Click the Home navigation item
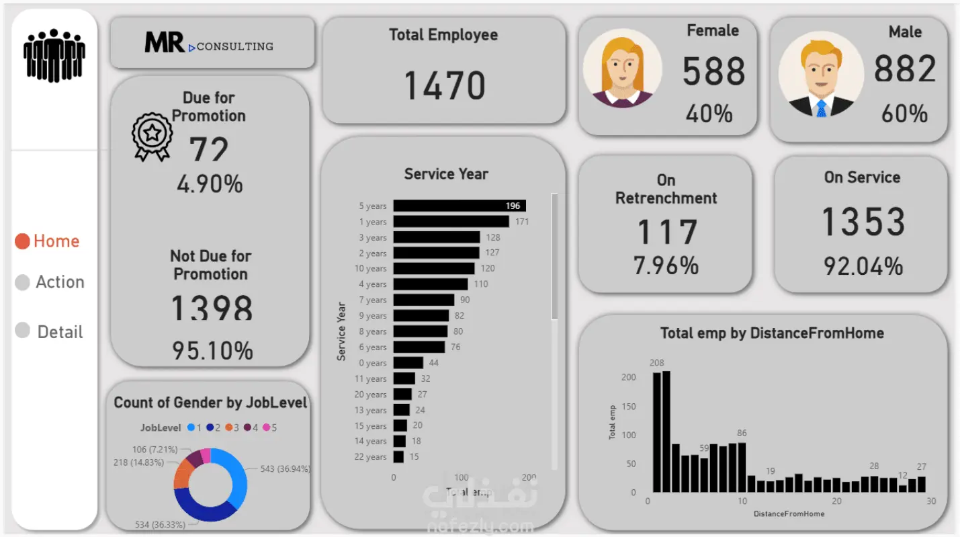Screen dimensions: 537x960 point(48,241)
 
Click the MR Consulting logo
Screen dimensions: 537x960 point(209,44)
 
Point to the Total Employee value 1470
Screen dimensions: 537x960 point(444,86)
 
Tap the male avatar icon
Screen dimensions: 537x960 point(820,75)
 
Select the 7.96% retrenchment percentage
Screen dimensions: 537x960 point(666,266)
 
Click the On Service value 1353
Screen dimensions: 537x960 point(863,222)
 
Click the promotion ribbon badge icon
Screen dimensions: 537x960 point(152,136)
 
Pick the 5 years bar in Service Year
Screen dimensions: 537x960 point(460,206)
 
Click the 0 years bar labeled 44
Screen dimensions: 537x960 point(408,363)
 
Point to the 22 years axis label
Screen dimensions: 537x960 point(371,457)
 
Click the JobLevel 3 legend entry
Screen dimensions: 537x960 point(232,427)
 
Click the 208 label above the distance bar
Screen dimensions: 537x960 point(656,364)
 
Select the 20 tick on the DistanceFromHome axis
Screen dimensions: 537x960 point(836,501)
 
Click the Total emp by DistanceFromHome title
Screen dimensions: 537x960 point(772,333)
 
